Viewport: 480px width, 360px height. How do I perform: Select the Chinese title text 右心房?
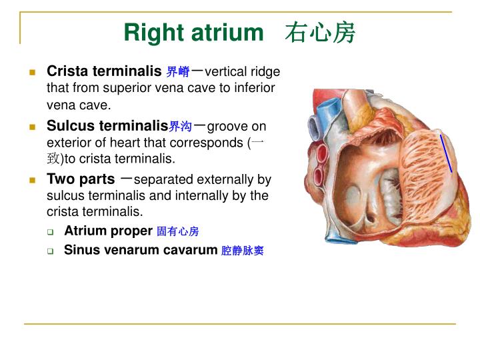click(320, 32)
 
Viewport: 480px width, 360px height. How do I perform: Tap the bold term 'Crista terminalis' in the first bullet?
click(104, 71)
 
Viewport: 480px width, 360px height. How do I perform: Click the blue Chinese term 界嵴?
click(178, 72)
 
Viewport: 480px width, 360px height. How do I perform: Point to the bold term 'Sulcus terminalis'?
click(107, 125)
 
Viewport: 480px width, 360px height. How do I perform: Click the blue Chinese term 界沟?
click(181, 126)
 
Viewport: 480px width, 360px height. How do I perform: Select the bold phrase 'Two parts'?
click(81, 179)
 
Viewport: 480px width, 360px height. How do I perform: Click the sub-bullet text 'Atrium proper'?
click(108, 231)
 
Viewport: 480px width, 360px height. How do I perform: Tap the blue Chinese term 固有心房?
click(178, 232)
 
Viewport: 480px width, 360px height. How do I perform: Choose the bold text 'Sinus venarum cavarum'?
click(141, 250)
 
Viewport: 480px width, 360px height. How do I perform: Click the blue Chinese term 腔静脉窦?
click(243, 251)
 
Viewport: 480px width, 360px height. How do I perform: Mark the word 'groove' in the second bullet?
click(227, 126)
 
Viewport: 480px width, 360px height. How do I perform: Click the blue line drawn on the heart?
click(446, 153)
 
